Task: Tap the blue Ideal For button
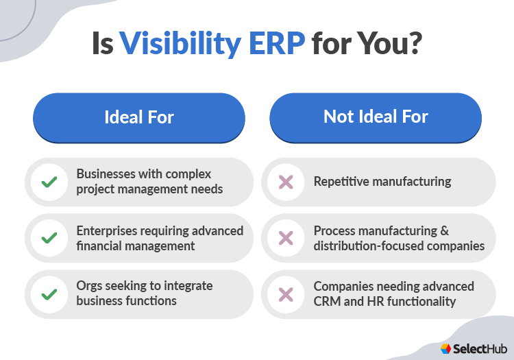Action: tap(139, 117)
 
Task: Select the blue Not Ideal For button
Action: tap(376, 117)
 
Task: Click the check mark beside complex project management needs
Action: tap(49, 182)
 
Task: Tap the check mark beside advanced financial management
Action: tap(49, 239)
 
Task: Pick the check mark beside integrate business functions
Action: tap(49, 295)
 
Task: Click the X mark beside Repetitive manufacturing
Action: tap(286, 182)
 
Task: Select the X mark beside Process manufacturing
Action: tap(286, 239)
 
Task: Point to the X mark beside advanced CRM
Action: tap(286, 295)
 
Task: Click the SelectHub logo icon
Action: tap(446, 348)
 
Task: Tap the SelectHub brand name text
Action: tap(478, 348)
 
